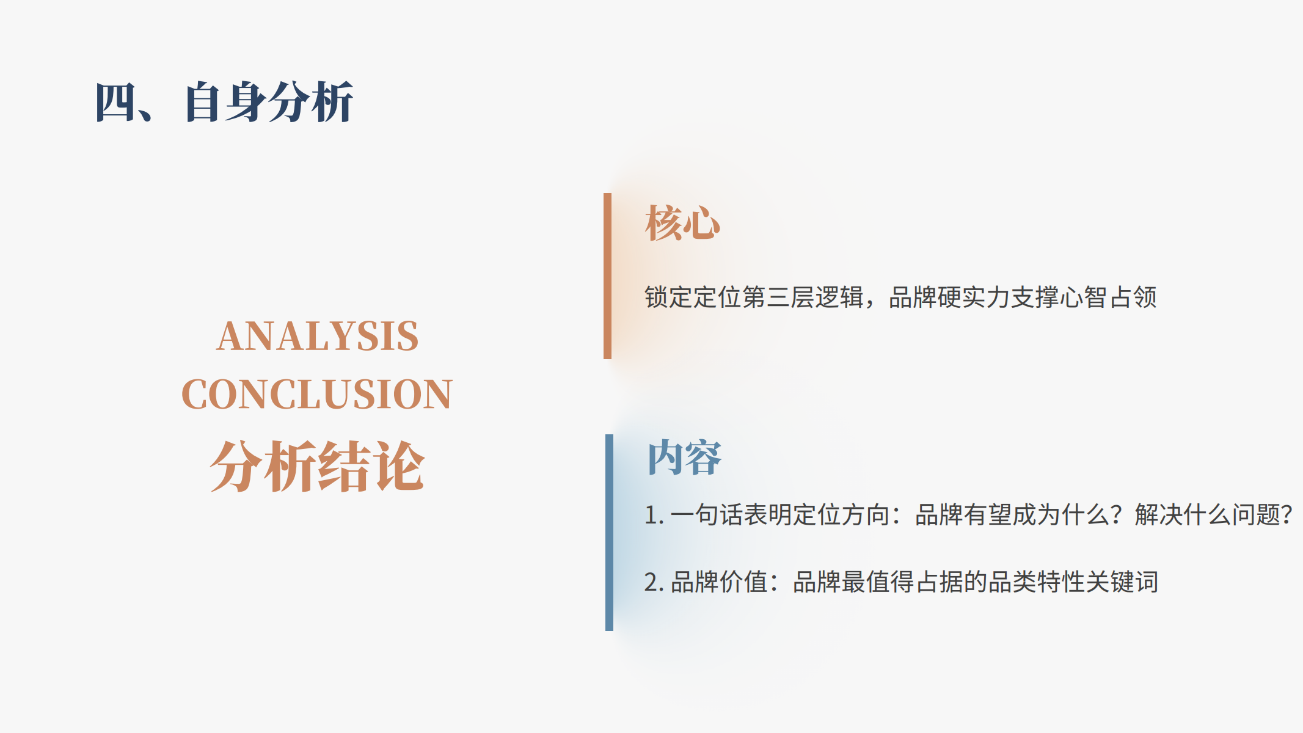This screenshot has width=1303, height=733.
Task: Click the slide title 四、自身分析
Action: tap(224, 102)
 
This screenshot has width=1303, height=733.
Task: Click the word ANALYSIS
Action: tap(318, 336)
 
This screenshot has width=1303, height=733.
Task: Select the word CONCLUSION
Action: tap(317, 394)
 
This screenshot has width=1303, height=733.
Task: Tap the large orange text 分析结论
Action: tap(317, 466)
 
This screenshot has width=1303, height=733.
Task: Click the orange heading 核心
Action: tap(683, 223)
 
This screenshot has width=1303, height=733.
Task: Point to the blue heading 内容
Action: tap(684, 458)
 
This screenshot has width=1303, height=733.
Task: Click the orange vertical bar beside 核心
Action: tap(607, 276)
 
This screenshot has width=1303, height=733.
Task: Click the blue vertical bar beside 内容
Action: tap(609, 533)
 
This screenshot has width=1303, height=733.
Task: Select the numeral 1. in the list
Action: tap(654, 515)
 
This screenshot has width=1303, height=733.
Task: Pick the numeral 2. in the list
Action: tap(654, 582)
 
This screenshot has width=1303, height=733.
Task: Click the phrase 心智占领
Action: tap(1108, 297)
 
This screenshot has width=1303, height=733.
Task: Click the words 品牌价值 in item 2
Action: tap(719, 582)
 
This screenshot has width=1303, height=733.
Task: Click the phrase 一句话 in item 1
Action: tap(707, 515)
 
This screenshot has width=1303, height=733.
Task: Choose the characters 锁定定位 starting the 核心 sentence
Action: tap(693, 297)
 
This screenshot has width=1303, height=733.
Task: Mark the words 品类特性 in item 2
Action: tap(1037, 582)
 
